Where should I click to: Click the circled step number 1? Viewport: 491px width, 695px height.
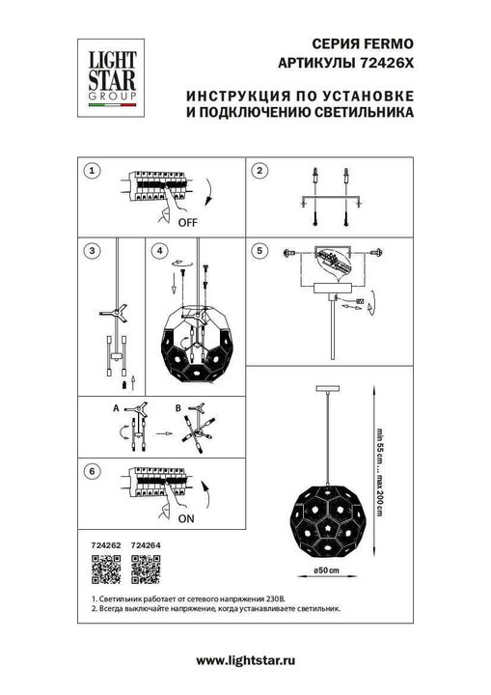[x=92, y=171]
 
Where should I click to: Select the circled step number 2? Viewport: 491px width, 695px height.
[x=259, y=171]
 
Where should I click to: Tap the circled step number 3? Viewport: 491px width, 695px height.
[x=92, y=251]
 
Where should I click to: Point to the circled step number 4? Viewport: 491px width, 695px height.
[x=159, y=251]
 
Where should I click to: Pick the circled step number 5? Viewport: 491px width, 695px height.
[x=259, y=251]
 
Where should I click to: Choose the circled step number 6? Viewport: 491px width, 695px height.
[x=92, y=472]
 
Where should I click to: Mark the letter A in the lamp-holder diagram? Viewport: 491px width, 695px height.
[x=115, y=409]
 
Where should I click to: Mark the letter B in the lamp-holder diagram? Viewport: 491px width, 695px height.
[x=178, y=409]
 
